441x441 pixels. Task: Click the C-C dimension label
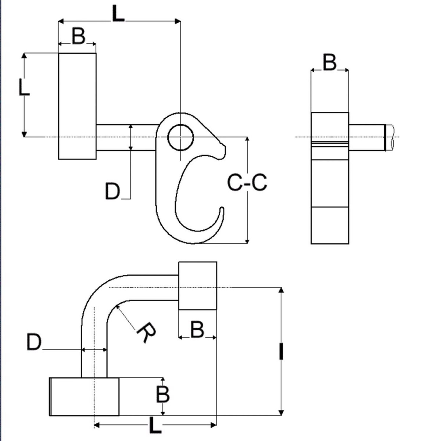(x=247, y=183)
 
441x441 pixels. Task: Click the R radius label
(x=146, y=333)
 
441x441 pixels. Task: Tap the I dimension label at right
(x=281, y=351)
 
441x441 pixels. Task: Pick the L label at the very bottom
(x=155, y=426)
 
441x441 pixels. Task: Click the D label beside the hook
(x=112, y=191)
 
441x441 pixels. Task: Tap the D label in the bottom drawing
(x=34, y=343)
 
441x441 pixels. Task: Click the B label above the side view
(x=329, y=62)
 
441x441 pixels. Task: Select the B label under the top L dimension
(x=78, y=37)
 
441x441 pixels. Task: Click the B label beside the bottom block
(x=162, y=394)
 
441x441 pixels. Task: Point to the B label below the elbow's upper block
(x=197, y=329)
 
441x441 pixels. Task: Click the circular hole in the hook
(x=180, y=137)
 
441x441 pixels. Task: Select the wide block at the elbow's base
(x=84, y=397)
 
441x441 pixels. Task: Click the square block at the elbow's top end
(x=197, y=286)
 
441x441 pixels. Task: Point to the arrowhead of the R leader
(x=117, y=307)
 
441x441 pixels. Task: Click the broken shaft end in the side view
(x=390, y=137)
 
